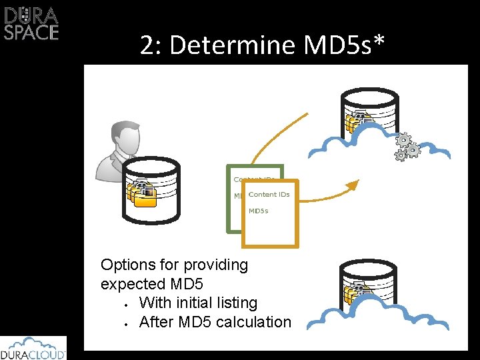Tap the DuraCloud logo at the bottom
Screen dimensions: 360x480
[x=33, y=348]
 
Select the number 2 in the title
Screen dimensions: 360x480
[x=147, y=45]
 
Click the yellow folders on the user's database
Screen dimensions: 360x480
[x=141, y=194]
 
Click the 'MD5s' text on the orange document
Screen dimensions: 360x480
[x=259, y=211]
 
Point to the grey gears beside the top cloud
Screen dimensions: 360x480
[x=407, y=147]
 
